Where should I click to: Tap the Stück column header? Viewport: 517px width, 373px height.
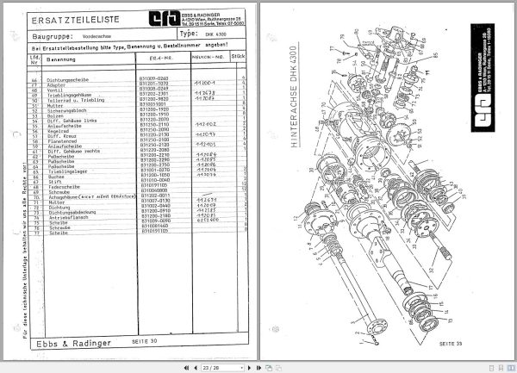pyautogui.click(x=238, y=59)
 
